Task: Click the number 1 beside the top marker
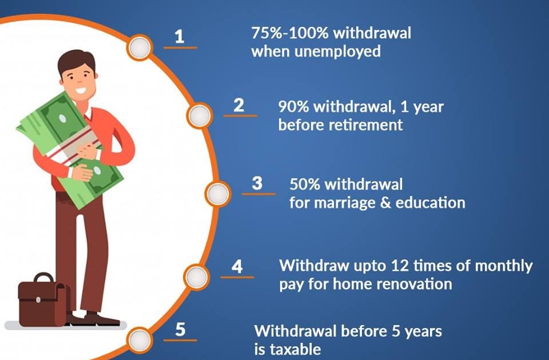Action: pos(179,37)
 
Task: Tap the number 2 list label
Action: pos(239,105)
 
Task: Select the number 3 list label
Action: pos(257,183)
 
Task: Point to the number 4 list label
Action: pos(237,266)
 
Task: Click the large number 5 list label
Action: pos(180,329)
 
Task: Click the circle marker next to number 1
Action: pos(140,47)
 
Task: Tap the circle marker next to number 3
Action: pos(218,194)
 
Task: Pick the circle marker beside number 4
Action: pos(197,278)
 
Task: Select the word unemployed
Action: pos(337,51)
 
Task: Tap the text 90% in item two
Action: pos(293,107)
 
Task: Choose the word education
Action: pos(430,202)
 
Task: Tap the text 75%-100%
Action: pos(289,33)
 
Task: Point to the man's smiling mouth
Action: pos(81,91)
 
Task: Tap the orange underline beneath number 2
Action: pos(240,115)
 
